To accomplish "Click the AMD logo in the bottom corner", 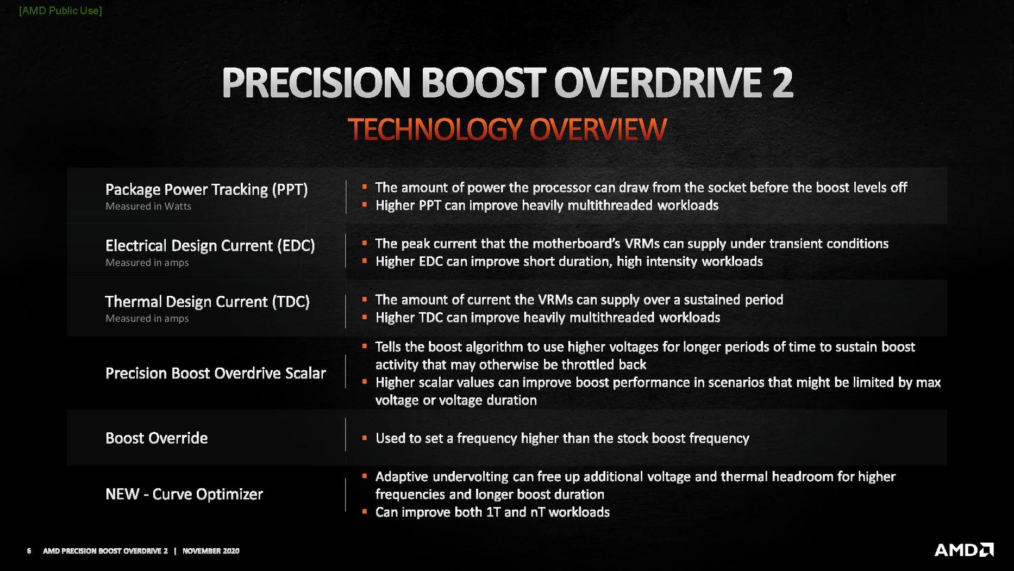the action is [964, 550].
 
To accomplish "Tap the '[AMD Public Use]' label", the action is [60, 10].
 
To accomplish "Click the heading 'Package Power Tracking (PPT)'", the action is [206, 189].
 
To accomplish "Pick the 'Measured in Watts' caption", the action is [148, 206].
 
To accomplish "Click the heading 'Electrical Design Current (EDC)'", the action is [210, 246].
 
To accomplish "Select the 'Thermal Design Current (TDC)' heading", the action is [207, 302].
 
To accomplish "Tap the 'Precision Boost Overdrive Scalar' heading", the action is [215, 373].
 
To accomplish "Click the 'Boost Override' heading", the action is [157, 438].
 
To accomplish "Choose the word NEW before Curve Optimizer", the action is [122, 494].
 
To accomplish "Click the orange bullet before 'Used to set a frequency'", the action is [365, 438].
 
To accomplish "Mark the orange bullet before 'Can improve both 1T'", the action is [365, 511].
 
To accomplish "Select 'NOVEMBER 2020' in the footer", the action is [211, 551].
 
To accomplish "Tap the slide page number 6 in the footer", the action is [29, 551].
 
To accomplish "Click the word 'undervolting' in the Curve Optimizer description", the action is [471, 477].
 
